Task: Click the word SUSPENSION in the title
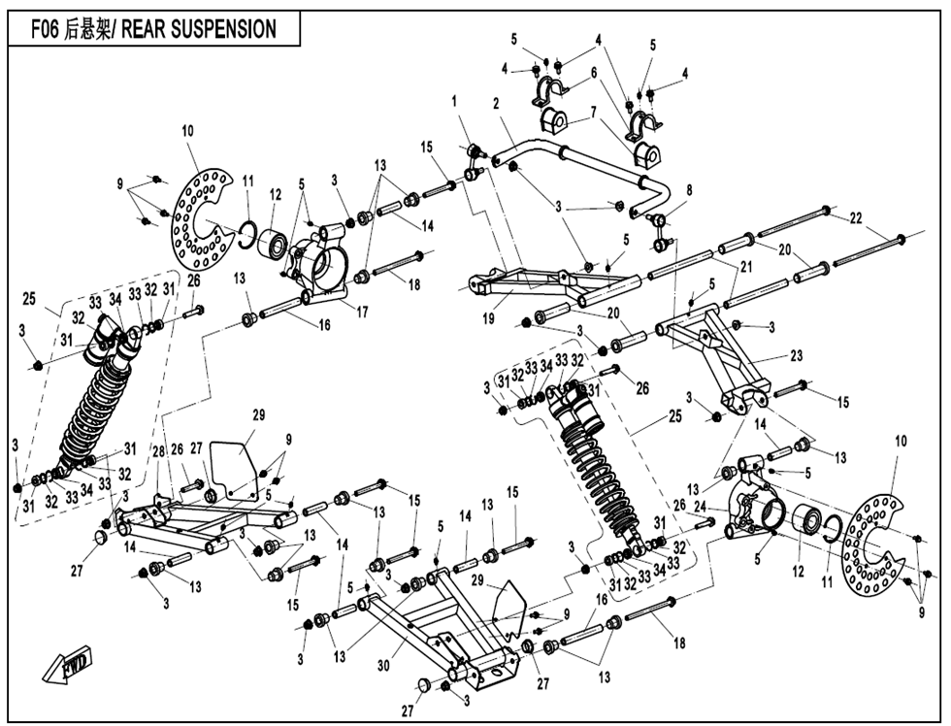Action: click(224, 29)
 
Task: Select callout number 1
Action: click(453, 101)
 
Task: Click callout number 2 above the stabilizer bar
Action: click(495, 104)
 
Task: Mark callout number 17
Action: click(363, 313)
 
